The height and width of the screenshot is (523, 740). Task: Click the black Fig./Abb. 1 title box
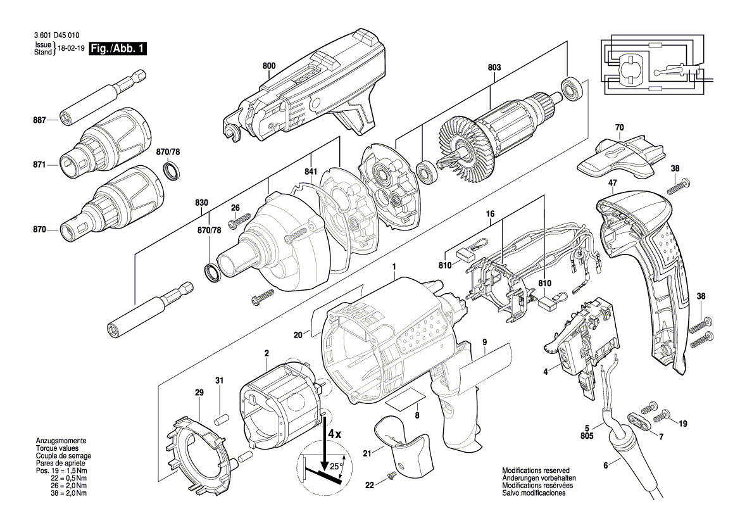click(x=118, y=48)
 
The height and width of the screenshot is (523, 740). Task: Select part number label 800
click(x=269, y=66)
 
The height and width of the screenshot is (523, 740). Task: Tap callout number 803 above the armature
click(x=494, y=68)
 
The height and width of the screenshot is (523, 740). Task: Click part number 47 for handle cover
click(x=613, y=183)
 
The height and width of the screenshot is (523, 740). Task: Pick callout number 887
click(x=40, y=120)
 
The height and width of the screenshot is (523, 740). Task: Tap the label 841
click(x=311, y=172)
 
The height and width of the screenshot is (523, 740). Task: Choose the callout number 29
click(x=199, y=393)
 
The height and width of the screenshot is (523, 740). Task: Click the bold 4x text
click(x=335, y=434)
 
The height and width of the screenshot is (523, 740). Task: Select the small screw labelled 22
click(x=391, y=477)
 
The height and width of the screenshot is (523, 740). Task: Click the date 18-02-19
click(x=71, y=49)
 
